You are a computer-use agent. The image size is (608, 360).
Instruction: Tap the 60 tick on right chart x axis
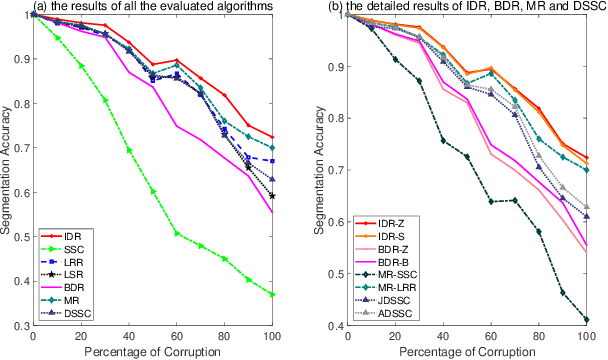point(491,337)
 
